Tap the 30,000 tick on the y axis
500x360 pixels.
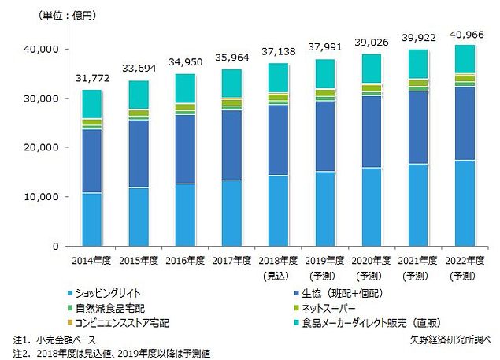(x=43, y=98)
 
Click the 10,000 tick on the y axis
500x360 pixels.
(x=43, y=196)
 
